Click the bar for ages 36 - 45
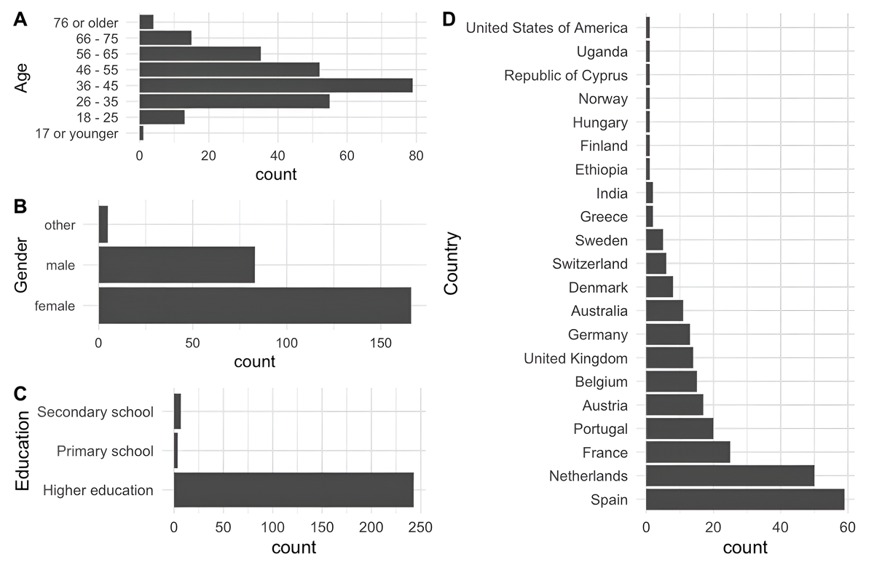[x=276, y=86]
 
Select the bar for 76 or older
[x=146, y=22]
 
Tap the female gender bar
[x=254, y=306]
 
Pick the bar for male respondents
[x=176, y=265]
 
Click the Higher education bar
[x=294, y=490]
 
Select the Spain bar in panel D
[x=744, y=499]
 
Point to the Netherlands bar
[x=730, y=476]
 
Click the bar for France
[x=688, y=452]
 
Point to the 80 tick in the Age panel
[x=416, y=155]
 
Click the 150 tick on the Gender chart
[x=381, y=341]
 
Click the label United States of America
[x=546, y=28]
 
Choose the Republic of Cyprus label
[x=565, y=75]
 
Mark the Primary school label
[x=105, y=451]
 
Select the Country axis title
[x=452, y=264]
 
